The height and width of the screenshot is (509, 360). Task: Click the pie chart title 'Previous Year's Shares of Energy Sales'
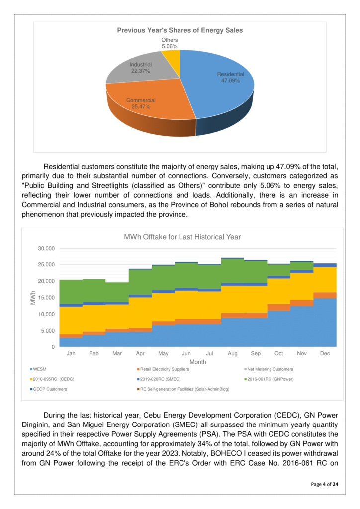coord(180,30)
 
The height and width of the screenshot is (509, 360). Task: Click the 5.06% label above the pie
coord(170,46)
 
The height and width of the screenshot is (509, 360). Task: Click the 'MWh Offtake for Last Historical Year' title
coord(182,237)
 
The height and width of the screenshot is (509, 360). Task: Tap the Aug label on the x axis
coord(232,353)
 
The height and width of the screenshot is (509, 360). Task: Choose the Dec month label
coord(325,353)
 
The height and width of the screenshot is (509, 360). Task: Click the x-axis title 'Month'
coord(197,362)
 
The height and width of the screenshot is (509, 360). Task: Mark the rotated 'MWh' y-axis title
coord(33,297)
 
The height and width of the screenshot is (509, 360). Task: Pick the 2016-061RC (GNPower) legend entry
coord(274,379)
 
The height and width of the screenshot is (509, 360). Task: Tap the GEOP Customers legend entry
coord(50,389)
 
